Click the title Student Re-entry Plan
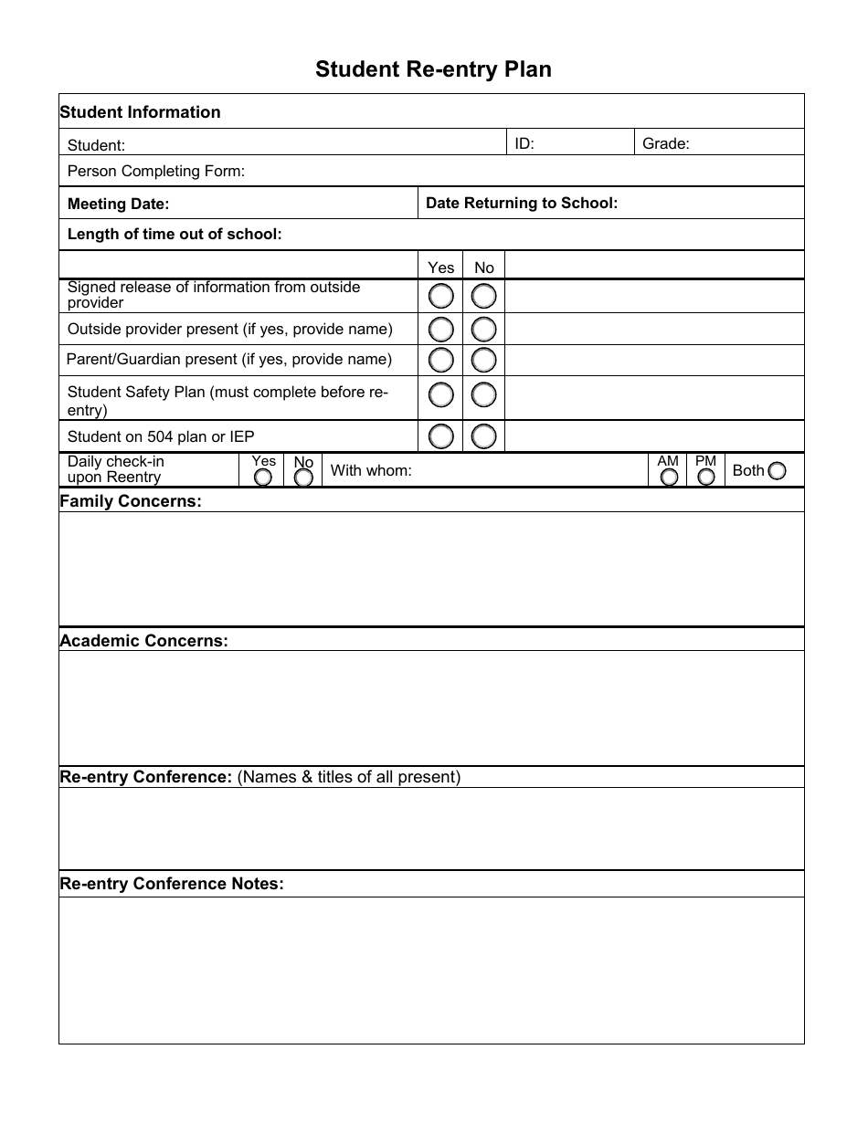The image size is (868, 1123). pos(433,69)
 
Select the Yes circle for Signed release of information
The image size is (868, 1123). pos(441,296)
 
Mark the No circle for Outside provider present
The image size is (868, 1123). pos(484,329)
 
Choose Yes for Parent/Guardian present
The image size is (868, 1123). pos(441,360)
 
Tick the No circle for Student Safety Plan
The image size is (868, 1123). pos(484,395)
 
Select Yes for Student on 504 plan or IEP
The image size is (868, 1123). pos(441,436)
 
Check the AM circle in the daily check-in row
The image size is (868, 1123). pos(669,477)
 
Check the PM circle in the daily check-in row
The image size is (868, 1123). pos(706,477)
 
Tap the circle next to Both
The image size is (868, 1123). pos(777,471)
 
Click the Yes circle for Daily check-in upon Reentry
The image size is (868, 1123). pos(263,477)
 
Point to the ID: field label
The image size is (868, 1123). pos(524,143)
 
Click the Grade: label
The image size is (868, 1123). pos(666,143)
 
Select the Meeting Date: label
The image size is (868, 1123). pos(119,204)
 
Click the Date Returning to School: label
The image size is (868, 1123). pos(522,203)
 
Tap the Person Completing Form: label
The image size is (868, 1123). pos(156,171)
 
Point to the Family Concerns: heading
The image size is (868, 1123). pos(131,501)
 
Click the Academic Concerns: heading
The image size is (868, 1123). pos(143,640)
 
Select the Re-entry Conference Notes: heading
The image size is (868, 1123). pos(172,884)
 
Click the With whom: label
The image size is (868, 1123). pos(371,471)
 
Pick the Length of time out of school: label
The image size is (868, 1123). pos(175,234)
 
